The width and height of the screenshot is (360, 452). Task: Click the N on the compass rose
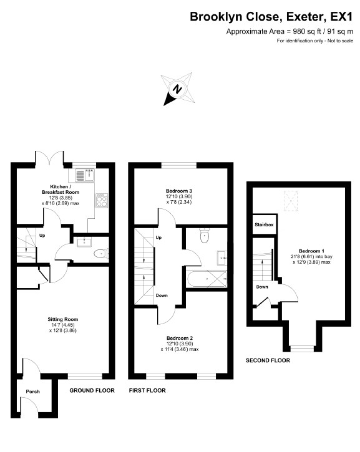[177, 89]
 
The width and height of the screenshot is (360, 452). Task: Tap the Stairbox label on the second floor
[264, 224]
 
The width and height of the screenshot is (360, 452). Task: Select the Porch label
[33, 392]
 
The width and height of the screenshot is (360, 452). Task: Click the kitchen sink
[85, 175]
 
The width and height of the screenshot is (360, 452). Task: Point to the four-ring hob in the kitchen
[102, 200]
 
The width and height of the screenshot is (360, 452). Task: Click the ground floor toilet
[101, 254]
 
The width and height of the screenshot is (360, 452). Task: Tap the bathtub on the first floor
[207, 279]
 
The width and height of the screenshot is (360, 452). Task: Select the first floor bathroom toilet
[204, 236]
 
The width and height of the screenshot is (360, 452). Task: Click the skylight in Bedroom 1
[290, 201]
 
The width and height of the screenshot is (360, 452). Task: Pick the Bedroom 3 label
[179, 191]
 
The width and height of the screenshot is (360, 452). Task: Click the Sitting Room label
[63, 319]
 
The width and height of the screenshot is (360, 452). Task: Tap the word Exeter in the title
[304, 17]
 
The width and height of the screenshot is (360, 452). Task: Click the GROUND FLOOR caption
[92, 391]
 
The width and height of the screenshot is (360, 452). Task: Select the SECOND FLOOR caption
[268, 360]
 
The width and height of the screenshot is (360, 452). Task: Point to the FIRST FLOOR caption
[147, 391]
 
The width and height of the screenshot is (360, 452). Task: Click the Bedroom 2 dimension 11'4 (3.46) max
[180, 349]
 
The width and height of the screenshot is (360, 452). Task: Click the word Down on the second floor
[262, 287]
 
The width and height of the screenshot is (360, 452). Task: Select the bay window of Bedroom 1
[302, 349]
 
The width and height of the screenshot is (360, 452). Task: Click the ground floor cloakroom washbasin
[82, 242]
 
